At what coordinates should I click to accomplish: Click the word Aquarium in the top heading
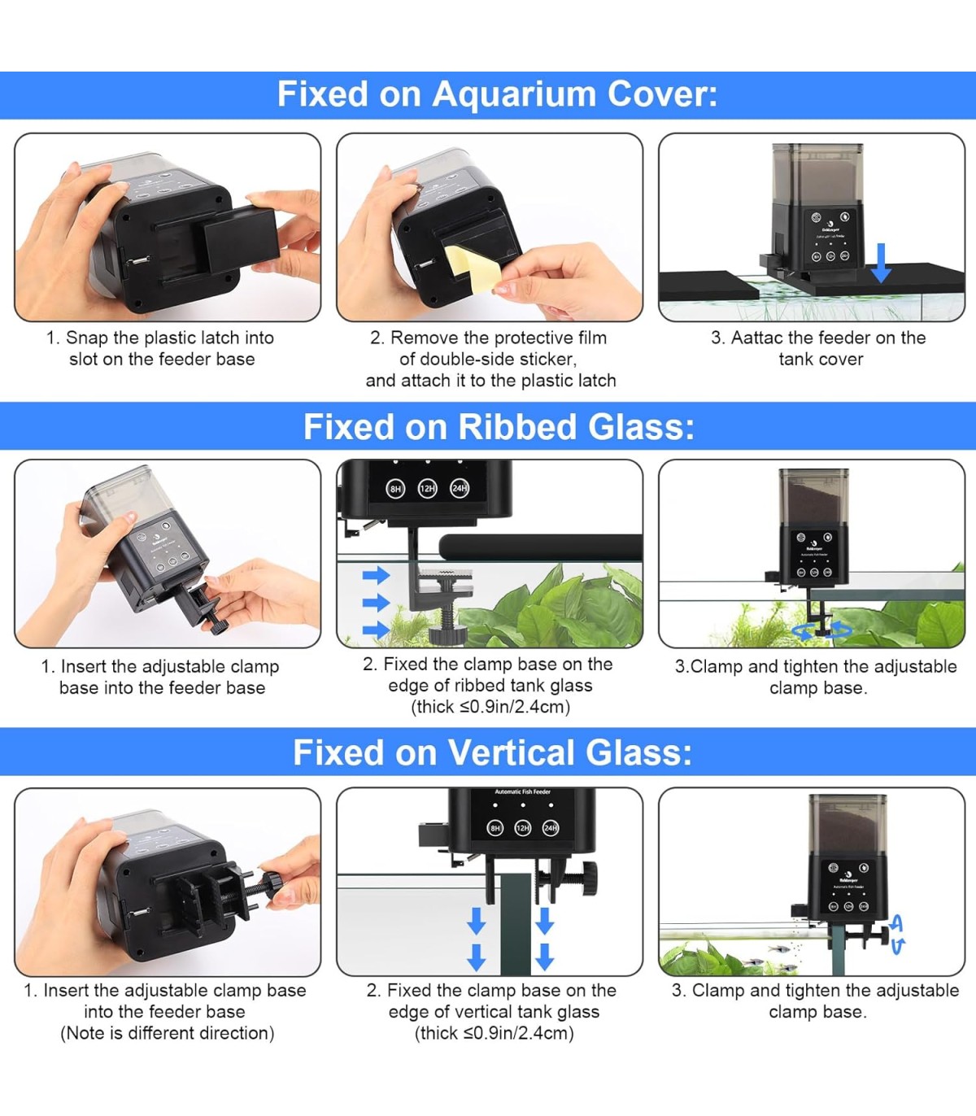(x=514, y=95)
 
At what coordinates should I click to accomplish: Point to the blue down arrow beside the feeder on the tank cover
(x=881, y=263)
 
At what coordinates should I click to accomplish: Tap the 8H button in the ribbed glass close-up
(x=395, y=489)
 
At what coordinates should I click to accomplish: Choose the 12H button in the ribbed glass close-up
(x=427, y=488)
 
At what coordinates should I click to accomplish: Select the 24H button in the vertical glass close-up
(x=550, y=828)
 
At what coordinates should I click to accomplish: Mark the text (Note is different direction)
(x=168, y=1033)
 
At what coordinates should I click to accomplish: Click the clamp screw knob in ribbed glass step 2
(x=448, y=636)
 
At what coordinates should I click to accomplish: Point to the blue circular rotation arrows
(x=821, y=630)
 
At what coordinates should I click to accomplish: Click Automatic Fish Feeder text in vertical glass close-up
(x=522, y=791)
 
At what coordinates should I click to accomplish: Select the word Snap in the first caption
(x=87, y=338)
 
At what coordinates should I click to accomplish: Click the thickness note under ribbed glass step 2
(x=490, y=707)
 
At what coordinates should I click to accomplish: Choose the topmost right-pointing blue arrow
(x=377, y=575)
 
